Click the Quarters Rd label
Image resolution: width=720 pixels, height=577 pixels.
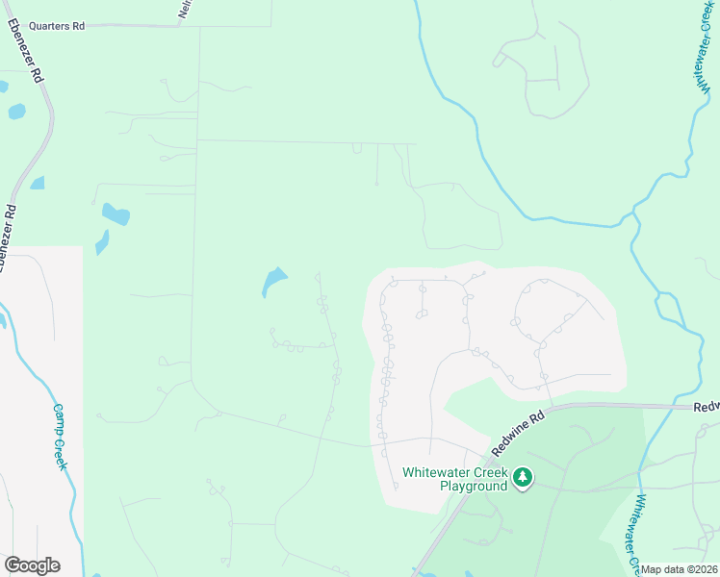click(57, 26)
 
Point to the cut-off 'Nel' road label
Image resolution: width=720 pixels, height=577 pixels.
click(183, 10)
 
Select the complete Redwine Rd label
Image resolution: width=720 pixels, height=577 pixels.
click(519, 432)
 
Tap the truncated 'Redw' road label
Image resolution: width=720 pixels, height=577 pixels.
click(706, 408)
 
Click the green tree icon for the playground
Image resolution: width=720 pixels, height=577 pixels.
click(523, 478)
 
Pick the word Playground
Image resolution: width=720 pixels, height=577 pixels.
click(474, 487)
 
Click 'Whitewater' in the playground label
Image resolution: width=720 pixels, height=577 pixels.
click(434, 472)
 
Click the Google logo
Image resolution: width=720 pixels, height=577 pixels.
click(32, 565)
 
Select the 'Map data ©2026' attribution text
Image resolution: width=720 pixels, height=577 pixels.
click(680, 569)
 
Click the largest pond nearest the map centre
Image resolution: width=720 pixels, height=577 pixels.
click(273, 282)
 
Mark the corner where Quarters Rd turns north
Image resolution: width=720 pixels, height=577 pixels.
click(181, 25)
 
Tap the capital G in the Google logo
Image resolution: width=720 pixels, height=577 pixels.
click(13, 565)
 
